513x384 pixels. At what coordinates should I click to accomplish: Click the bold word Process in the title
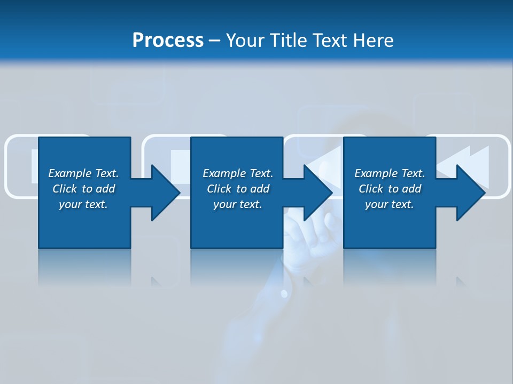168,41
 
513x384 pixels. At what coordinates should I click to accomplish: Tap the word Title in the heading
289,41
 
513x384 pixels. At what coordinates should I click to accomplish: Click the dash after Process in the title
215,41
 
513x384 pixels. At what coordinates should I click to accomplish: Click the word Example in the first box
70,173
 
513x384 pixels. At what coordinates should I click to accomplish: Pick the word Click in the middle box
218,189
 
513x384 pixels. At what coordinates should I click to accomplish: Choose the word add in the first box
105,189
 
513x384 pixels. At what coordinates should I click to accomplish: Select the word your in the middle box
224,204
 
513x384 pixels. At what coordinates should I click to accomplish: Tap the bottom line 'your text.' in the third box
389,204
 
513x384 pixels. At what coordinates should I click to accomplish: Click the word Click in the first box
64,189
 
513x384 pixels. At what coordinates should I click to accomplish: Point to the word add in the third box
411,189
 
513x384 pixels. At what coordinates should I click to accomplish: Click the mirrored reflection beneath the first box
84,267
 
